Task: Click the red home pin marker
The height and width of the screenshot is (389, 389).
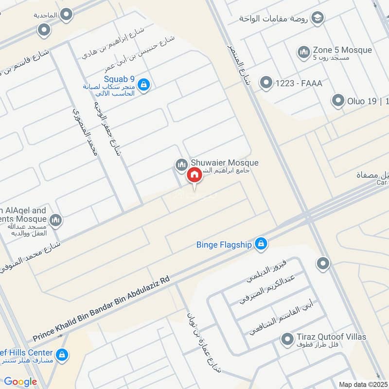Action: (x=194, y=175)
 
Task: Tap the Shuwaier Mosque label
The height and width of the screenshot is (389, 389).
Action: (x=225, y=163)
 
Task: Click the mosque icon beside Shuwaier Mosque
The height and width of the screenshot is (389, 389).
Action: (x=181, y=165)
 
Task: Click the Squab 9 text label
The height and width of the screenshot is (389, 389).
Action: (x=119, y=79)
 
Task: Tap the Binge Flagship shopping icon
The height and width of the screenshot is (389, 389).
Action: (x=261, y=244)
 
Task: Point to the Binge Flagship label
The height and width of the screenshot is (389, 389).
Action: (x=224, y=245)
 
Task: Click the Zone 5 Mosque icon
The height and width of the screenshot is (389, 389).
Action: (x=304, y=52)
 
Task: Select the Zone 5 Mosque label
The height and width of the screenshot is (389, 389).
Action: (x=342, y=50)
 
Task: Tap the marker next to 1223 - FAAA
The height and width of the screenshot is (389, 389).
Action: (x=265, y=83)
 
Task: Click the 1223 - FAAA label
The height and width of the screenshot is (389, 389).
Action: (x=299, y=84)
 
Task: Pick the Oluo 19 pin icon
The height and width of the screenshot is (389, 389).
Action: (x=338, y=101)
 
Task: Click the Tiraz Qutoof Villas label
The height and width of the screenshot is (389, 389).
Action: (x=331, y=337)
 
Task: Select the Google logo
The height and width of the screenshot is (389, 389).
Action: (x=20, y=382)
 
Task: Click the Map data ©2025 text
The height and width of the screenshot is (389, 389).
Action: (x=362, y=384)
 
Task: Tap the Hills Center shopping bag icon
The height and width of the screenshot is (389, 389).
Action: (x=62, y=355)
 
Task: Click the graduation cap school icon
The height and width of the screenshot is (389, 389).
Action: (x=318, y=18)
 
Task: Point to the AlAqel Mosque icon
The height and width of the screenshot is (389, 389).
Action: (x=56, y=220)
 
